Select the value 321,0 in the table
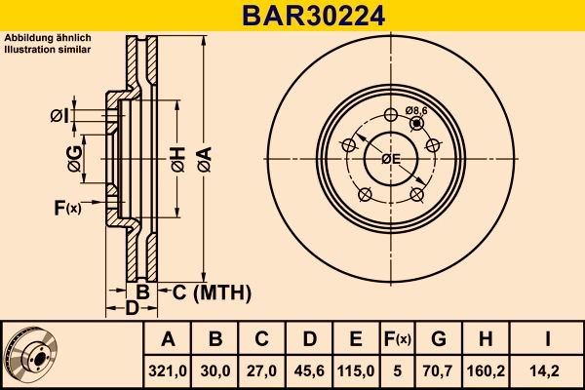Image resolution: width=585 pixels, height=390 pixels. (x=168, y=370)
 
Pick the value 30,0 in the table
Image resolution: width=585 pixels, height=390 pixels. (x=215, y=370)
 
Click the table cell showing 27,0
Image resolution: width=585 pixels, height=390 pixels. (x=262, y=370)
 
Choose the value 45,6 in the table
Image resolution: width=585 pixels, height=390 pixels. (x=309, y=370)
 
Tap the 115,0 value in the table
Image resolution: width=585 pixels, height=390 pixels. (x=356, y=370)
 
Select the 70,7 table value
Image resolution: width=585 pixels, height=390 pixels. (x=439, y=370)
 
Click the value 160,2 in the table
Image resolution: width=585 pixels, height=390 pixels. (x=487, y=370)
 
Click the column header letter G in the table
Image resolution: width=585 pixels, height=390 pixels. (x=439, y=339)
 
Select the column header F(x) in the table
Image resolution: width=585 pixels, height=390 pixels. (x=398, y=339)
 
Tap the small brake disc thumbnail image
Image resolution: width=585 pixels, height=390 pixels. (x=31, y=354)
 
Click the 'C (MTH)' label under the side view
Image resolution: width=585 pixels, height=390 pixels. (x=213, y=292)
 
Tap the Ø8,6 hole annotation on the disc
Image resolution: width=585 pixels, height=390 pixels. (x=417, y=111)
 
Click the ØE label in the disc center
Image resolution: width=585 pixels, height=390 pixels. (x=391, y=158)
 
